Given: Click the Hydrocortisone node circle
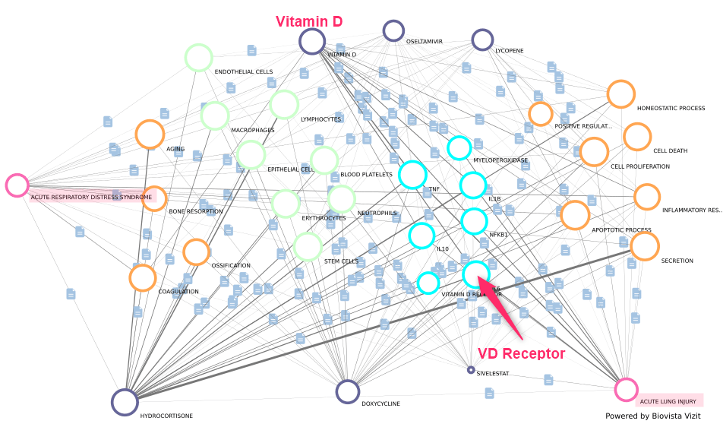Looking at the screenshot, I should (125, 402).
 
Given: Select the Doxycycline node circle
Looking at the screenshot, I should (347, 391).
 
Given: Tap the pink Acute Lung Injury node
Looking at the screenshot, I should (626, 390).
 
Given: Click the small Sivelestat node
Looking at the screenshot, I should (471, 370).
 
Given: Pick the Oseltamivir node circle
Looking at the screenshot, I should (393, 31).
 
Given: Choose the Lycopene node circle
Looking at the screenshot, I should (482, 40).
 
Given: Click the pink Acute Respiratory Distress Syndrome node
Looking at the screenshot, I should (17, 185).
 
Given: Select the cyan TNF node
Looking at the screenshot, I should (412, 175).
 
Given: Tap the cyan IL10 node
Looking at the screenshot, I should (421, 236).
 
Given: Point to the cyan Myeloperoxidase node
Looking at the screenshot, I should (459, 147).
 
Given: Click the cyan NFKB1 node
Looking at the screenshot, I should (474, 221).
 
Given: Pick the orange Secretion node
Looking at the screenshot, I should (645, 246).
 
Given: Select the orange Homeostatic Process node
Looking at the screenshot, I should (620, 94).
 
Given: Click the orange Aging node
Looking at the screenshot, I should (150, 134).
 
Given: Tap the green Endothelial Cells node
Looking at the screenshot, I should (198, 58).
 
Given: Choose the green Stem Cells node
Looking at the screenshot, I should (308, 247).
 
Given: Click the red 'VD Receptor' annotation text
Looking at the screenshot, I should (521, 354).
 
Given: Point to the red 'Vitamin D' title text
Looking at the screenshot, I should (308, 21).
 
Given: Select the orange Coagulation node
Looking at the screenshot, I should (143, 277).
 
